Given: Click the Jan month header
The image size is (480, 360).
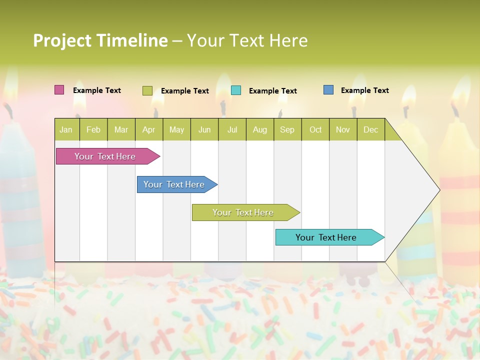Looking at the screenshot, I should pyautogui.click(x=66, y=129).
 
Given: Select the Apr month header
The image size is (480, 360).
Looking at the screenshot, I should pyautogui.click(x=148, y=129).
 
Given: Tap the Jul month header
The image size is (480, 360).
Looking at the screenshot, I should pyautogui.click(x=232, y=129).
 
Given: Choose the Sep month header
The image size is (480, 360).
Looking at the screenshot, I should pyautogui.click(x=287, y=129).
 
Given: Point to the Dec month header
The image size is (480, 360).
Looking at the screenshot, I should pyautogui.click(x=370, y=129).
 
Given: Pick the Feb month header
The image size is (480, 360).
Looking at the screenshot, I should pyautogui.click(x=93, y=129).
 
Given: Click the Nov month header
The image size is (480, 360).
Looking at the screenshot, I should pyautogui.click(x=342, y=129).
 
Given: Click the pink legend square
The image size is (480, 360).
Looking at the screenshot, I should pyautogui.click(x=59, y=90).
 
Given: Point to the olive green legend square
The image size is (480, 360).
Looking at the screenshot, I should pyautogui.click(x=147, y=90).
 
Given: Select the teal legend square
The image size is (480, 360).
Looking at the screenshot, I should pyautogui.click(x=236, y=90).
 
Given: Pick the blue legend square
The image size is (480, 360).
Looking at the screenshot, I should pyautogui.click(x=328, y=90).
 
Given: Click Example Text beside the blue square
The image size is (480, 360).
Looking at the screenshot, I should pyautogui.click(x=364, y=90).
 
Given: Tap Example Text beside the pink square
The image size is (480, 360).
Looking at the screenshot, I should pyautogui.click(x=97, y=90).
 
